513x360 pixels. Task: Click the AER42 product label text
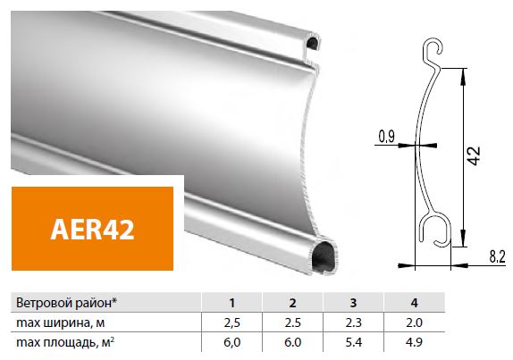(x=92, y=229)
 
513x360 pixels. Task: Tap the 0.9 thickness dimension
(x=386, y=137)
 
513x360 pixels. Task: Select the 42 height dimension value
(x=475, y=155)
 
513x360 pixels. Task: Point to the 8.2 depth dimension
(x=497, y=256)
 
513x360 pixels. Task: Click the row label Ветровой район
(x=66, y=303)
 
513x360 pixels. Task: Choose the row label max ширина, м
(x=61, y=322)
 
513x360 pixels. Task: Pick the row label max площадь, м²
(x=65, y=342)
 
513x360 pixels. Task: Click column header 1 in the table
(x=232, y=303)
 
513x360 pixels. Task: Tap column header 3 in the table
(x=353, y=303)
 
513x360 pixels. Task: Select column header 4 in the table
(x=414, y=303)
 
